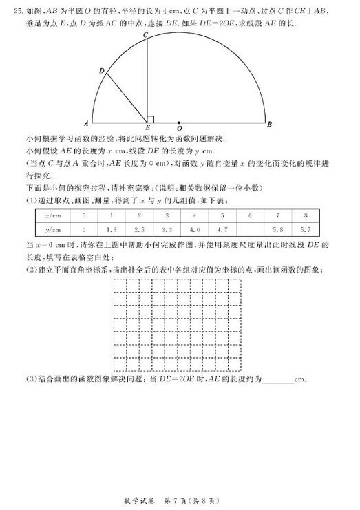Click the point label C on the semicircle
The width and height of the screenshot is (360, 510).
[145, 34]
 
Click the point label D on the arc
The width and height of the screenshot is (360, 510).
[101, 70]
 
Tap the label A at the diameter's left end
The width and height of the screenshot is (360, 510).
[85, 125]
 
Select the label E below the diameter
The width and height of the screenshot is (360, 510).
[147, 129]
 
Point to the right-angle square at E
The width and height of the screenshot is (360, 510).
[150, 118]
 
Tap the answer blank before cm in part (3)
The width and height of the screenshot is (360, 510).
[277, 379]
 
